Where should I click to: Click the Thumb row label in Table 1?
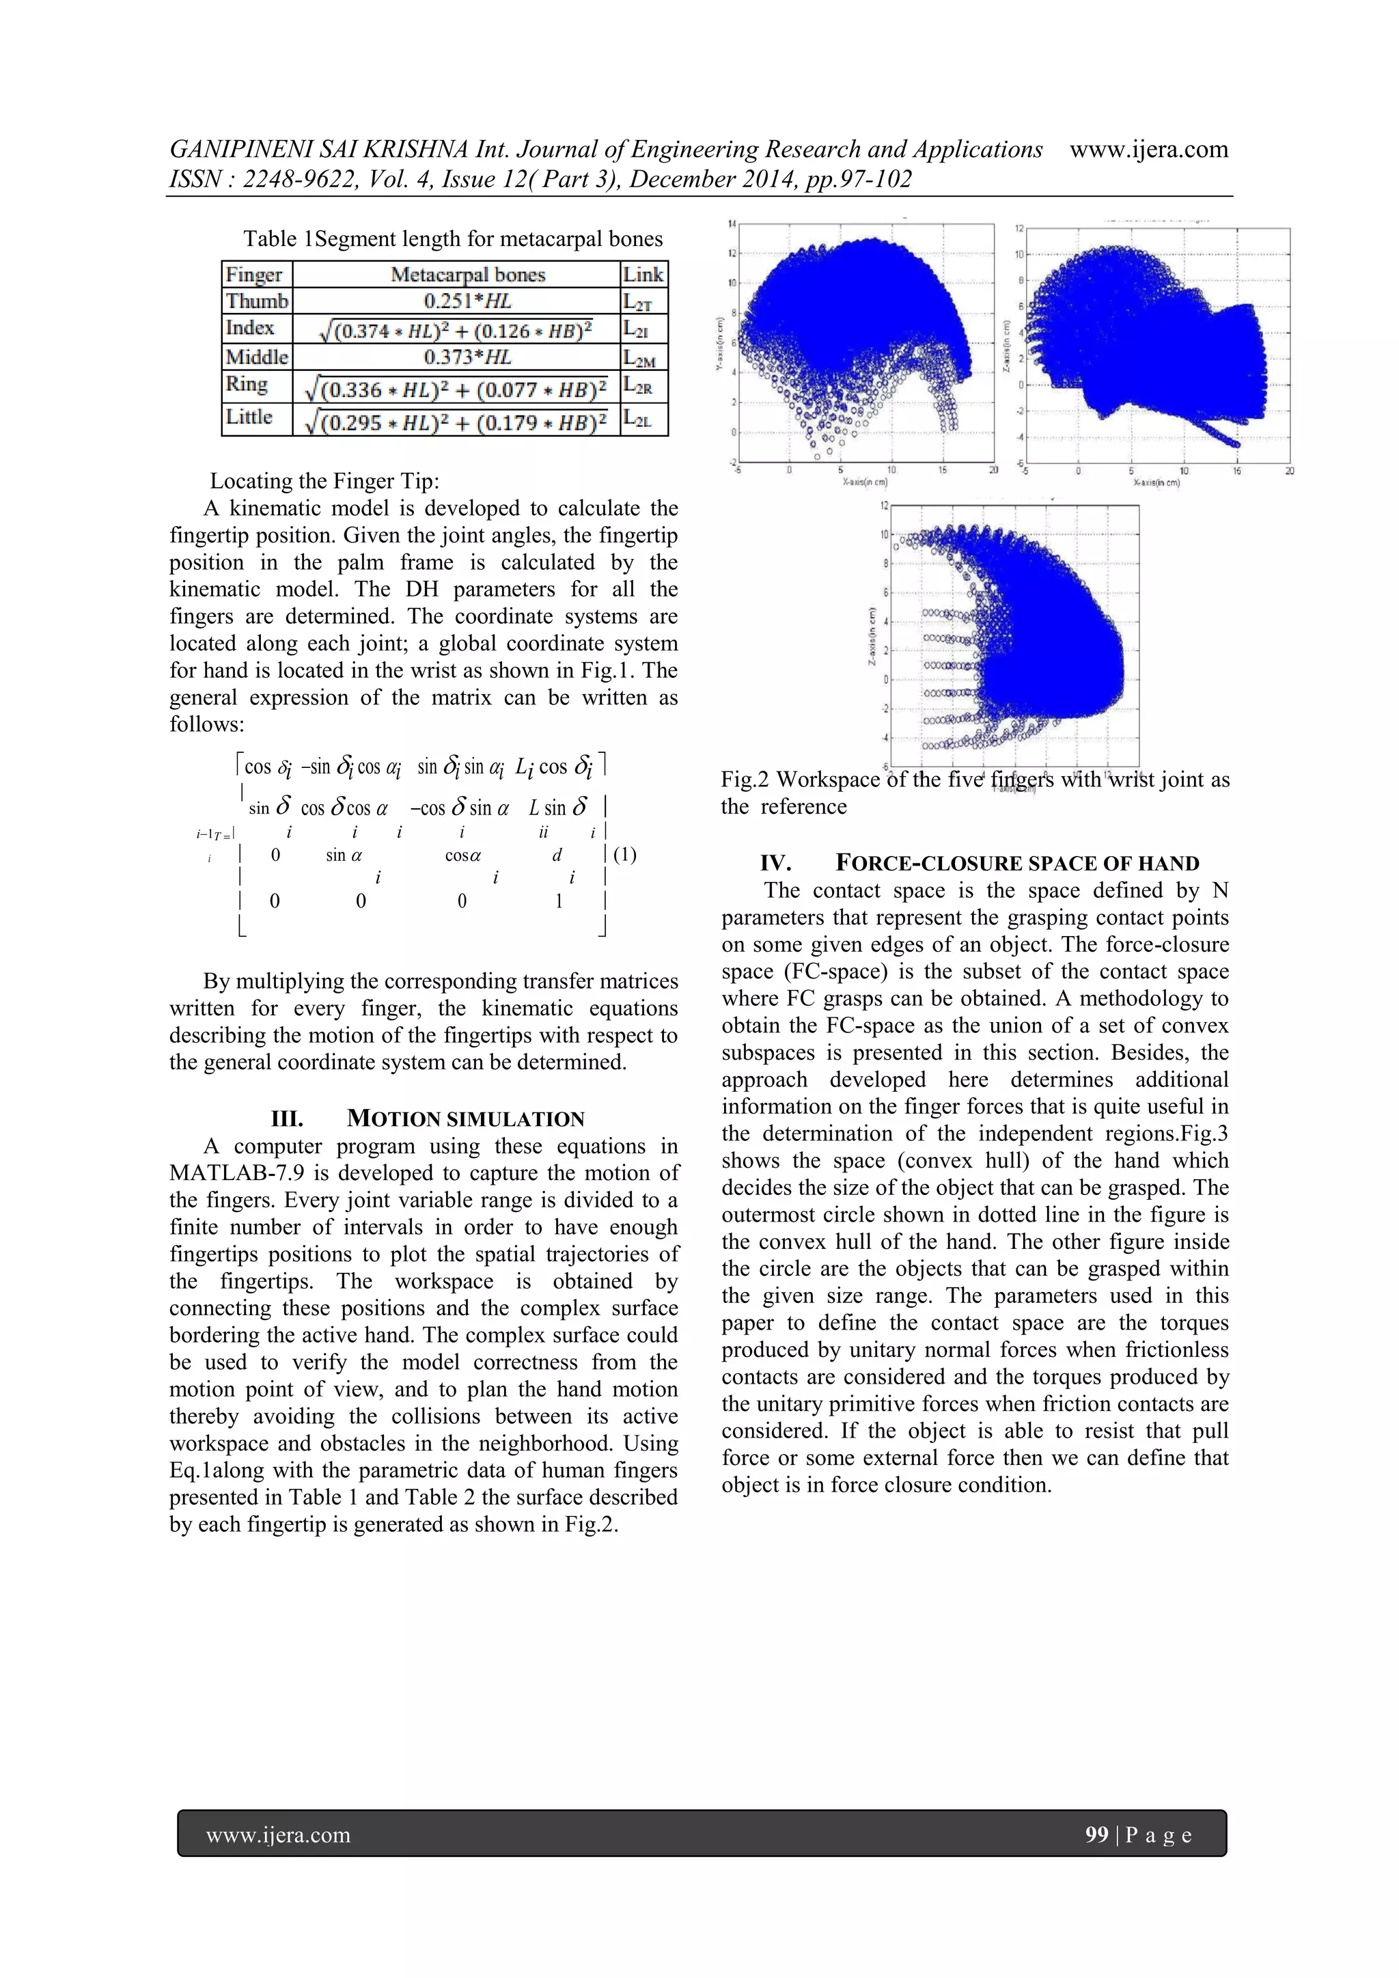click(257, 301)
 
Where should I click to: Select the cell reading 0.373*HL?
click(467, 357)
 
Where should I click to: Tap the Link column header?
click(643, 275)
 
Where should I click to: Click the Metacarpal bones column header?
click(468, 275)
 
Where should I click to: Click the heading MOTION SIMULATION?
click(465, 1119)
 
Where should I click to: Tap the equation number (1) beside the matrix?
click(626, 855)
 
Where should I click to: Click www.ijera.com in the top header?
click(1148, 149)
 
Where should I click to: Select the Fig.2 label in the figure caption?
click(745, 780)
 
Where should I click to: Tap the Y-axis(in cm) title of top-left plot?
click(719, 344)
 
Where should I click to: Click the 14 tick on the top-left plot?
click(732, 224)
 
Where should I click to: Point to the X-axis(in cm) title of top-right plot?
click(1155, 482)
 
